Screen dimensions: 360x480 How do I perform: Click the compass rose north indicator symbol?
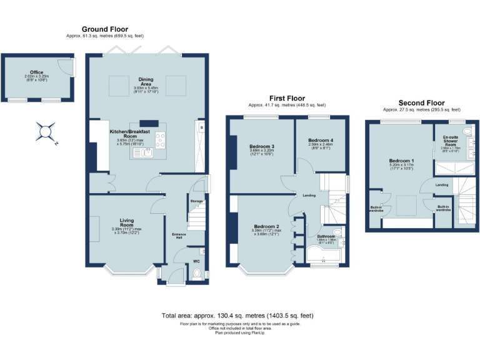46,132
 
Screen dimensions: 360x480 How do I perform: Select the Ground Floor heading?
105,29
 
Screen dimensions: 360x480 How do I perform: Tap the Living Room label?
122,222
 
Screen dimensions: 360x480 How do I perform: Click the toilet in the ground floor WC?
199,273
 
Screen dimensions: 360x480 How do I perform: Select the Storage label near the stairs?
196,201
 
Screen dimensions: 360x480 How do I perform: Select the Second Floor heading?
421,103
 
